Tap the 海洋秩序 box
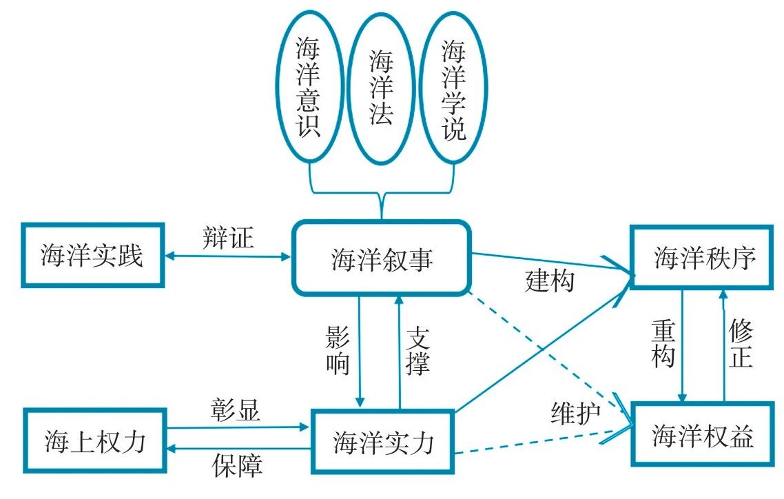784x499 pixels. [x=704, y=256]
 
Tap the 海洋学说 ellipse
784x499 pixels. [x=453, y=90]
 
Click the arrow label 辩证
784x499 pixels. [x=229, y=238]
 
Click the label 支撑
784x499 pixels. [x=418, y=352]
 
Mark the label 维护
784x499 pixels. [x=576, y=413]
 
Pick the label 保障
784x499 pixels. [x=236, y=466]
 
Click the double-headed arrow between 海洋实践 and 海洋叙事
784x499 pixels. [x=228, y=257]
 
